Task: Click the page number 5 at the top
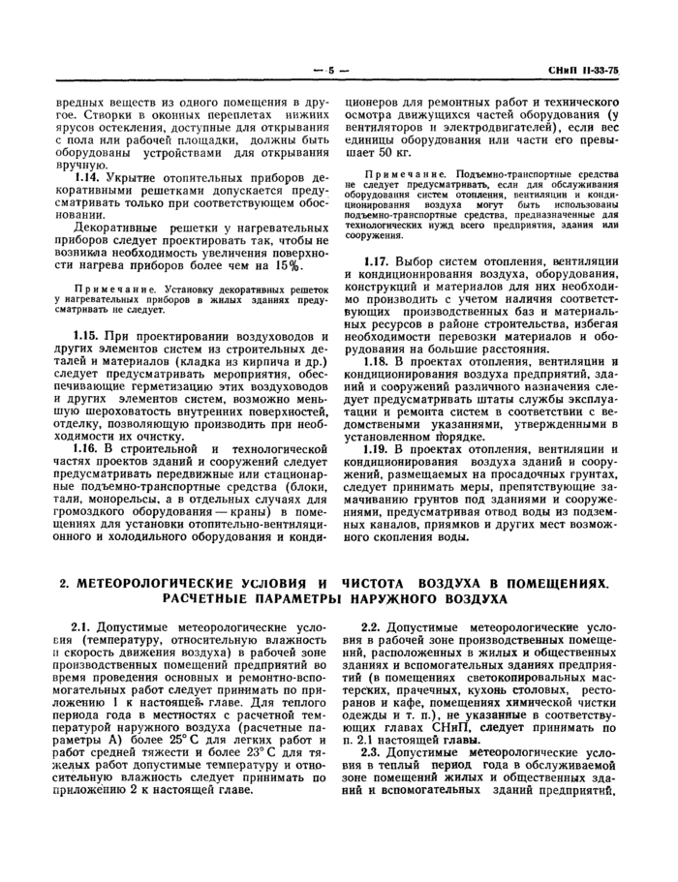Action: coord(330,71)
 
